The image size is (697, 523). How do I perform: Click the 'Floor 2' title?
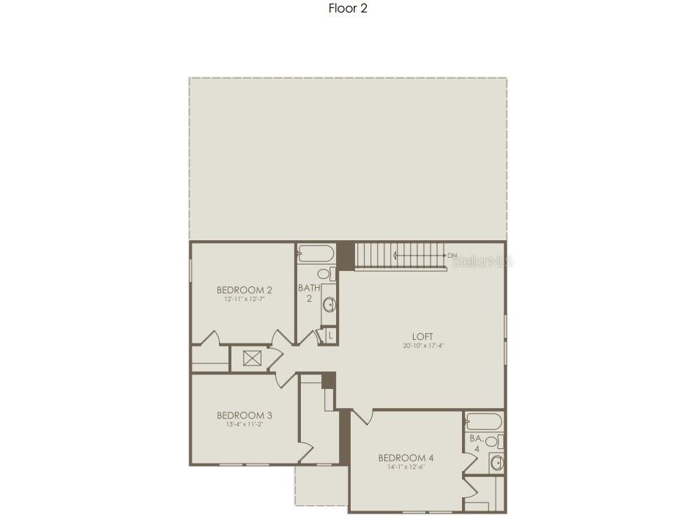coord(348,10)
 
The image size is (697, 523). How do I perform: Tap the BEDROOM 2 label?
coord(245,290)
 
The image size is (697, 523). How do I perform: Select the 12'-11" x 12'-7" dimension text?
coord(245,300)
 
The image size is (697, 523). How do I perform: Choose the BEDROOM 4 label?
coord(401,458)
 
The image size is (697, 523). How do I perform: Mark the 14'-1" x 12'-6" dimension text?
coord(401,467)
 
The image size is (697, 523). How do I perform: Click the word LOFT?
coord(422,336)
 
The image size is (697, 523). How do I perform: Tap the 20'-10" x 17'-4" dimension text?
coord(422,346)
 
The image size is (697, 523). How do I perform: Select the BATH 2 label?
coord(309,293)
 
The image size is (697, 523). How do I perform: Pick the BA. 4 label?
coord(476,442)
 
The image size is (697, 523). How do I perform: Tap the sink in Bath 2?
coord(329,304)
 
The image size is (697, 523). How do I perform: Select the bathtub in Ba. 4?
coord(484,420)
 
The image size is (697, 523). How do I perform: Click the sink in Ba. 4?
coord(496,462)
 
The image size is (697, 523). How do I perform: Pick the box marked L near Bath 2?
coord(330,335)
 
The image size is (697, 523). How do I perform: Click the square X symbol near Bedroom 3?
coord(251,358)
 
